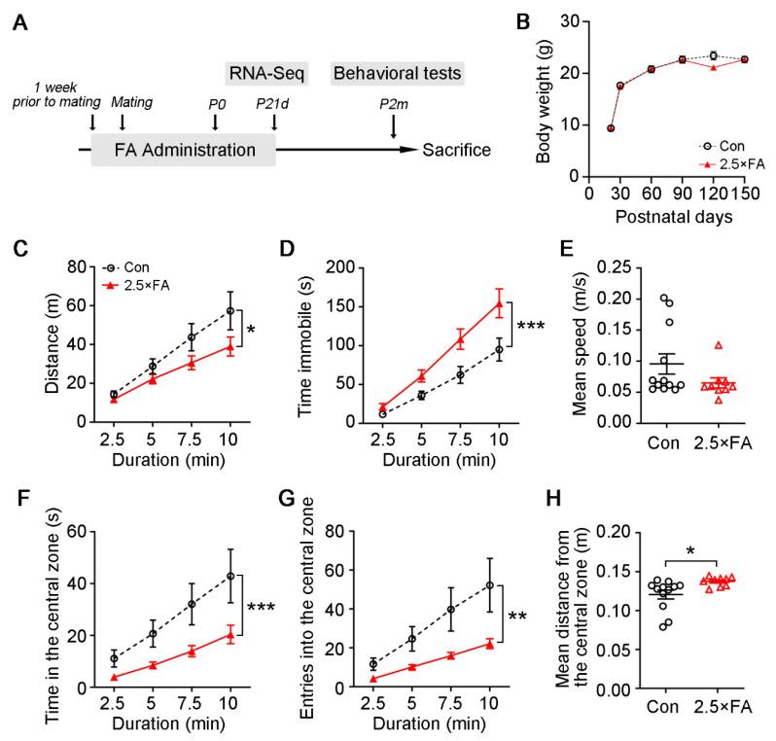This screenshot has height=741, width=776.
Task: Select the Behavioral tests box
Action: coord(397,73)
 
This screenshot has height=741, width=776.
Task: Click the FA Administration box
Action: coord(184,150)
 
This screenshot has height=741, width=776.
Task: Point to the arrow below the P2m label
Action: coord(393,126)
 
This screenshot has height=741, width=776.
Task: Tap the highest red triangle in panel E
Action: coord(718,345)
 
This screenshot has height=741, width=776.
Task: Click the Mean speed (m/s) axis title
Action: coord(547,342)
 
